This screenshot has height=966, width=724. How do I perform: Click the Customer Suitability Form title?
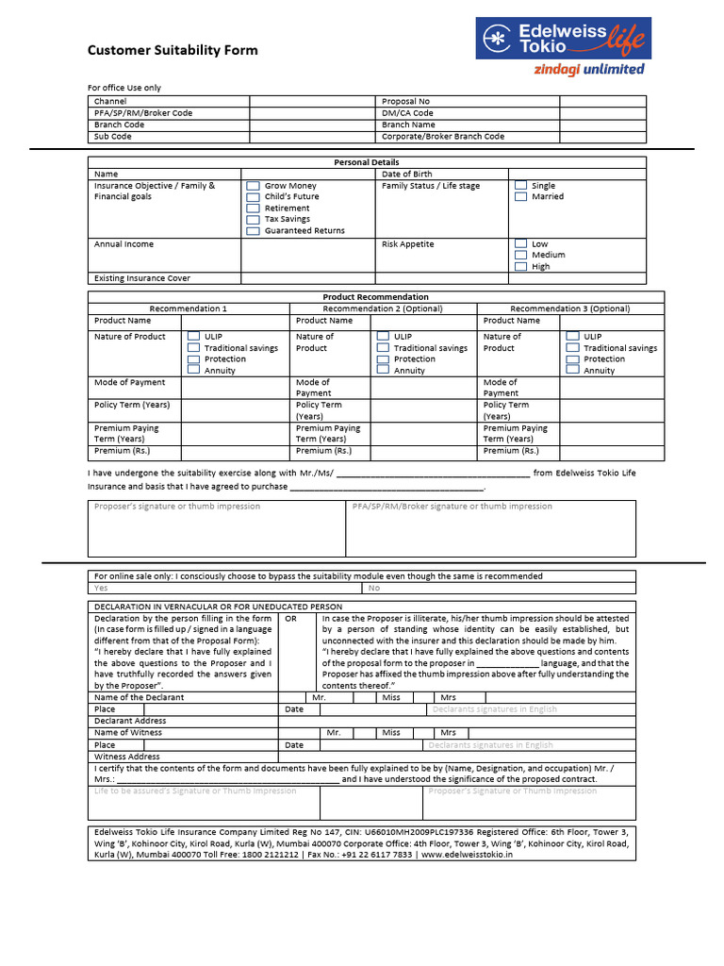[173, 50]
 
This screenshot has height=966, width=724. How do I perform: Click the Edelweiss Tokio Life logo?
[563, 39]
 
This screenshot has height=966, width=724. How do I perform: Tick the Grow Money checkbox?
[253, 186]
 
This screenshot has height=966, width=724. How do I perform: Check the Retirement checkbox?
[253, 208]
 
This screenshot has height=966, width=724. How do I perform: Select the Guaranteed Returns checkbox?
[253, 231]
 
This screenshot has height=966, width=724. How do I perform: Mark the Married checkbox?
[520, 197]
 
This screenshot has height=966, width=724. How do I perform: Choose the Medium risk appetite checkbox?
[520, 255]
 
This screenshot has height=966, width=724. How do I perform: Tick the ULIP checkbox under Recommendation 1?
[193, 336]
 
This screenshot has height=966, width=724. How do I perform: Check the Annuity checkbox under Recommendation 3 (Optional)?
[572, 371]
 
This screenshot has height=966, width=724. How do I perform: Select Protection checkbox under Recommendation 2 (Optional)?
[382, 359]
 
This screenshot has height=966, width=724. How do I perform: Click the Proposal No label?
[405, 101]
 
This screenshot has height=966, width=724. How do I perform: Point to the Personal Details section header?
[367, 162]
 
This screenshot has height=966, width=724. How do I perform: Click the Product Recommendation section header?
[375, 297]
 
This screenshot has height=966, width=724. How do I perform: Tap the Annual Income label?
[123, 244]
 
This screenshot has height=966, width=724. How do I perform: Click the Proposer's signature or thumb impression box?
[217, 528]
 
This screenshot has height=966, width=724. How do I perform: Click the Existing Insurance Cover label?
[141, 278]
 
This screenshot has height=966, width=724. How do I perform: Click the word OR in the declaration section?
[290, 619]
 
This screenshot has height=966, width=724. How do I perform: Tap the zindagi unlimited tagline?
[589, 69]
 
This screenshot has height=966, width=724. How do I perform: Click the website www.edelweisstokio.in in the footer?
[468, 855]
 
